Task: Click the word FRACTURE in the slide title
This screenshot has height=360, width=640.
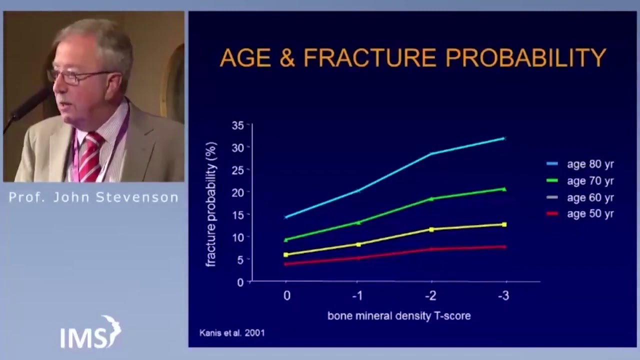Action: tap(370, 57)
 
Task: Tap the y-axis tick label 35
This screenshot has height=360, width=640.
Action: tap(237, 125)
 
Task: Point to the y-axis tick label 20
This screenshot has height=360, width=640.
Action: tap(237, 192)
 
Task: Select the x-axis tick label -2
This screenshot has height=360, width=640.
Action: tap(431, 295)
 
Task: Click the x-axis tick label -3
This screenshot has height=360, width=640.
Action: tap(503, 295)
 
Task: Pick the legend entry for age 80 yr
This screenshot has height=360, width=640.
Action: tap(580, 164)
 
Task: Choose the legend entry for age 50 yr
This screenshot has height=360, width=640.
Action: tap(580, 213)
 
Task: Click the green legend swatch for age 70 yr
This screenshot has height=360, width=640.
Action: tap(552, 180)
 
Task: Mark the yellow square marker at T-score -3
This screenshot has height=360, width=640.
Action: tap(504, 224)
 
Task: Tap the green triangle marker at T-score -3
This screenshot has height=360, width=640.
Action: tap(504, 189)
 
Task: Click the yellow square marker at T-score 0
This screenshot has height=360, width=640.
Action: tap(286, 254)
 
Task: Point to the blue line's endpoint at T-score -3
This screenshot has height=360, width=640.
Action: tap(505, 138)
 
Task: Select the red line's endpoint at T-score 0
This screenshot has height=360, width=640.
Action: tap(285, 264)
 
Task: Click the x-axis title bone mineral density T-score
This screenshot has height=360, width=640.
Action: tap(399, 316)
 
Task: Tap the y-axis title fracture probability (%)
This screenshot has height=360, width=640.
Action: tap(211, 204)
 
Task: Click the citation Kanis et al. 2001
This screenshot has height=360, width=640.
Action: tap(232, 333)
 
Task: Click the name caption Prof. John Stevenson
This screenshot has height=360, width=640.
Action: tap(93, 197)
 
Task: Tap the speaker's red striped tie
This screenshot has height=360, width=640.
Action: tap(90, 157)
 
